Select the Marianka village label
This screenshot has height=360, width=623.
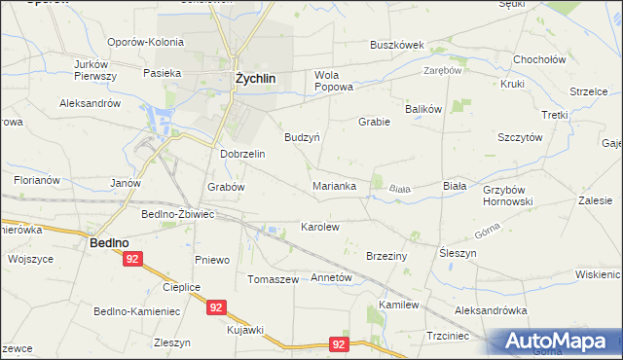coord(334,185)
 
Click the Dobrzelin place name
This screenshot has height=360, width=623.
coord(243,154)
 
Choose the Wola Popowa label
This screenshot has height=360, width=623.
coord(333,81)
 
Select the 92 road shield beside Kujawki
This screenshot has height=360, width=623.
coord(216,307)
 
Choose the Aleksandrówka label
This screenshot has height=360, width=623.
coord(491,310)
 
